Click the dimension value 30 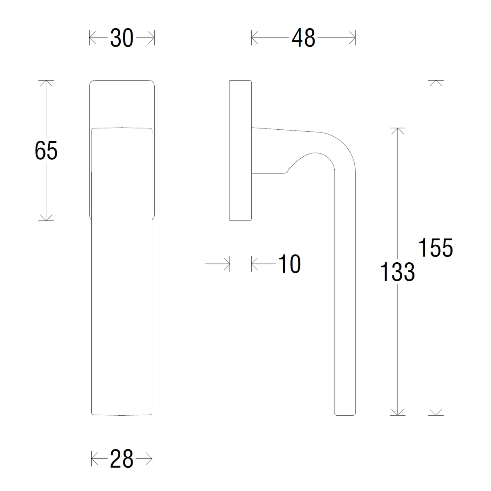click(x=122, y=38)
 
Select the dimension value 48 click(x=304, y=38)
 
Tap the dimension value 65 click(x=46, y=151)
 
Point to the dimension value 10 click(x=290, y=264)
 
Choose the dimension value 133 click(x=397, y=272)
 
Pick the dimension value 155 click(x=436, y=248)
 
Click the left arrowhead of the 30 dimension click(x=92, y=38)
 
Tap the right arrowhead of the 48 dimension click(x=352, y=38)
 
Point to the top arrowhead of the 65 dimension click(x=46, y=83)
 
